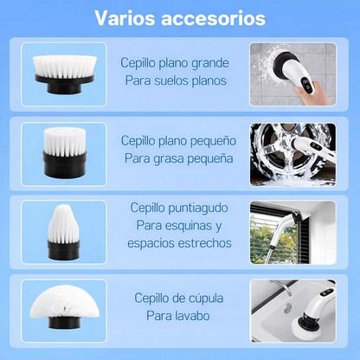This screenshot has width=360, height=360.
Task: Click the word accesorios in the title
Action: [x=213, y=18]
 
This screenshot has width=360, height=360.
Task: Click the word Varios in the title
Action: [x=125, y=18]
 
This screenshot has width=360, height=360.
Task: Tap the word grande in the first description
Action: [x=210, y=64]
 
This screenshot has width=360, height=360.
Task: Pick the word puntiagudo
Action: [x=198, y=209]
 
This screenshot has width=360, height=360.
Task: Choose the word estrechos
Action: [x=204, y=243]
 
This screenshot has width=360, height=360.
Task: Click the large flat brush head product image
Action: [x=64, y=74]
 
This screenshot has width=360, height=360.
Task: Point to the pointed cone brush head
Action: [x=63, y=231]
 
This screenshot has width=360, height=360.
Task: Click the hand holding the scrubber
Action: [x=313, y=93]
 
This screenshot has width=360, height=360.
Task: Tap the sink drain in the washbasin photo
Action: [x=287, y=308]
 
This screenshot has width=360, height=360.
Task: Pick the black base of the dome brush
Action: [x=64, y=322]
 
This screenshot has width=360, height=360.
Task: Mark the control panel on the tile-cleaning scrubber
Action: [x=305, y=85]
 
